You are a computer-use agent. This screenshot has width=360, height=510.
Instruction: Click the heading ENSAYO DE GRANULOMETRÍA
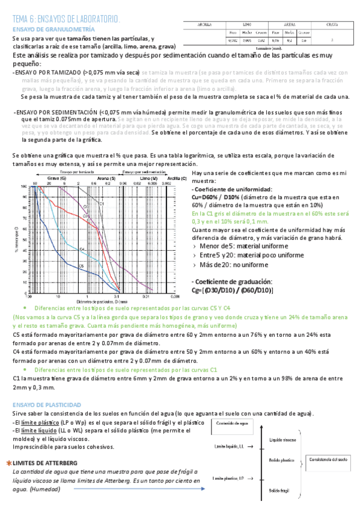coord(53,28)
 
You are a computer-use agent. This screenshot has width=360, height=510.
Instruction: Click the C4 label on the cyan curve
coord(82,249)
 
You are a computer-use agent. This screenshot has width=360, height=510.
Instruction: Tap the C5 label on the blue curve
coord(81,265)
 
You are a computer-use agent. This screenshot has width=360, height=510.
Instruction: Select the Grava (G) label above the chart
coord(57,179)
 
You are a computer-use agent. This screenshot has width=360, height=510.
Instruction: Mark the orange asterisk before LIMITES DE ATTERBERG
coord(8,463)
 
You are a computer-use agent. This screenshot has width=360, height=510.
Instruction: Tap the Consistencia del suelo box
coord(330,459)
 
